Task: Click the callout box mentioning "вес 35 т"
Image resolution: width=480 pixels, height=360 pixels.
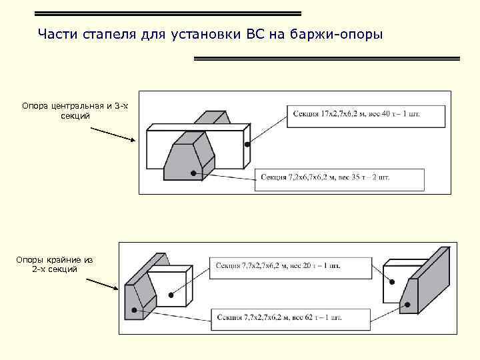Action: pos(339,179)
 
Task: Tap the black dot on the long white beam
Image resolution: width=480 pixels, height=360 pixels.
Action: pos(247,144)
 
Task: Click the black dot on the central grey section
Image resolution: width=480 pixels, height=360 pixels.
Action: pos(193,173)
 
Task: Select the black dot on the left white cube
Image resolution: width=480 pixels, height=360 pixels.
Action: pos(171,295)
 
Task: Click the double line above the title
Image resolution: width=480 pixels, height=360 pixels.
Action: pos(167,13)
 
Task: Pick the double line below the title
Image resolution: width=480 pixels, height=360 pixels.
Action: pos(327,59)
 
